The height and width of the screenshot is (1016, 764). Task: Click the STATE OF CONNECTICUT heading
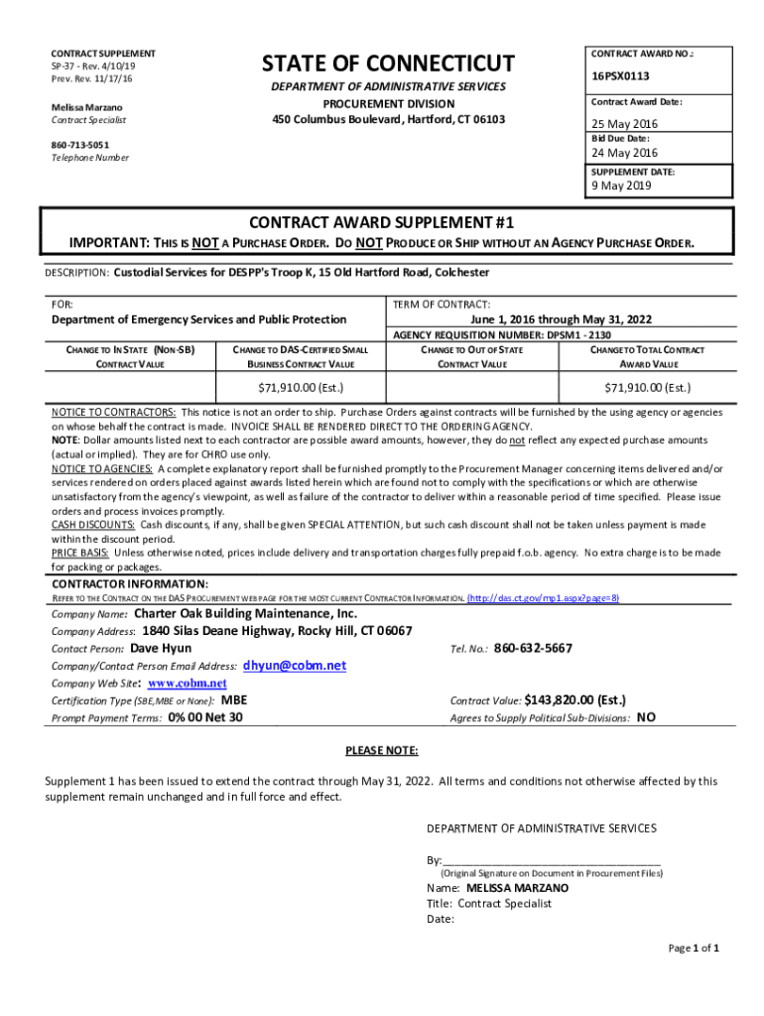(x=388, y=64)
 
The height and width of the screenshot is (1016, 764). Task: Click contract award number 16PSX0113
(x=621, y=75)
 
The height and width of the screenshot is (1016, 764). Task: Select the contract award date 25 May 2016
(x=625, y=124)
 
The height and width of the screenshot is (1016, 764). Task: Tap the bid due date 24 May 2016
(x=625, y=153)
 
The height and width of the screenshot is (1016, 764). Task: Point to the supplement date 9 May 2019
(x=622, y=186)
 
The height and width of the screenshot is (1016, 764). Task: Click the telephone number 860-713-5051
(x=80, y=145)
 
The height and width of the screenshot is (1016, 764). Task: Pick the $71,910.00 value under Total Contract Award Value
(x=648, y=387)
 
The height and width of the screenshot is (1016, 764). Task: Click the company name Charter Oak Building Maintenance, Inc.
(x=252, y=614)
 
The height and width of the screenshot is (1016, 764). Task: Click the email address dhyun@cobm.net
(x=295, y=666)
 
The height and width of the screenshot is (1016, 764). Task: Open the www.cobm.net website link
(x=188, y=684)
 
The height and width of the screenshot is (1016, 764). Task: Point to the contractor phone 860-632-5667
(x=533, y=648)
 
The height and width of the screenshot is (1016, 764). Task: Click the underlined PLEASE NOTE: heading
(x=381, y=750)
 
